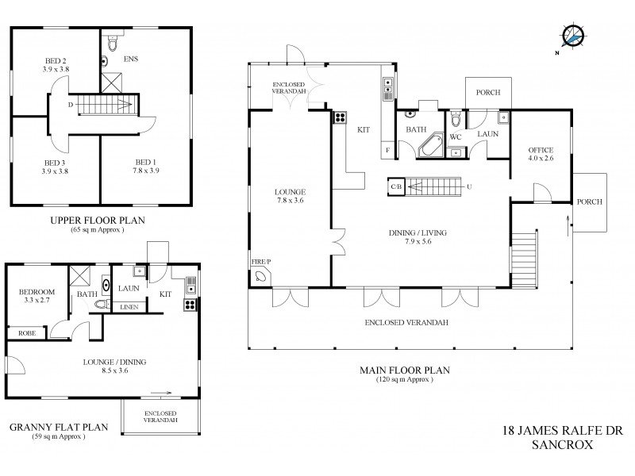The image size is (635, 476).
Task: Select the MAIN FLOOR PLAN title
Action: pos(404,370)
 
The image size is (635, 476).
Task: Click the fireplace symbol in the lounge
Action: pos(263,275)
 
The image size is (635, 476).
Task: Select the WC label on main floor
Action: pos(456,136)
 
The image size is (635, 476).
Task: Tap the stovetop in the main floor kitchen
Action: pos(339,118)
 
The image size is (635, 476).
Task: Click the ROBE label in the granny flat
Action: pos(27,333)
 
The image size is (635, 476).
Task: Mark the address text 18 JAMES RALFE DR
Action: pos(558,432)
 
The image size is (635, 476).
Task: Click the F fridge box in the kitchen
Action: pos(387,149)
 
